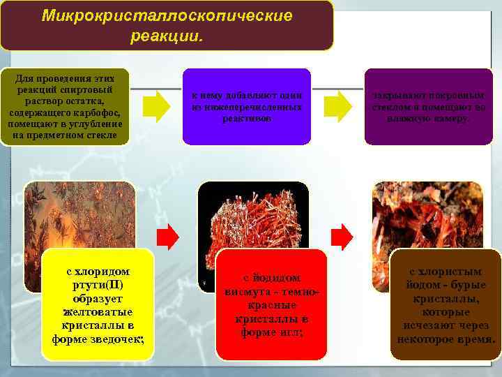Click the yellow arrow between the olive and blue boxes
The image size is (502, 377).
click(156, 106)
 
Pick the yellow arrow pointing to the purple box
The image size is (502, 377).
click(340, 106)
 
